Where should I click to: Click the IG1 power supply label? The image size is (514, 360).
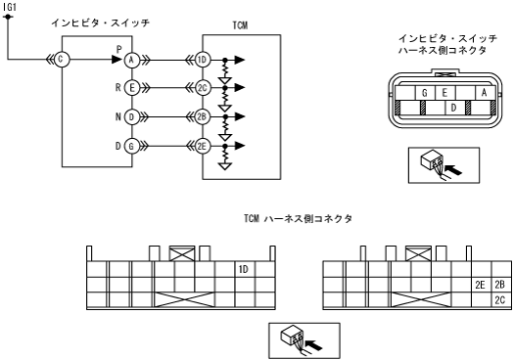point(10,7)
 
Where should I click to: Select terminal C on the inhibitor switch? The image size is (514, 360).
point(62,60)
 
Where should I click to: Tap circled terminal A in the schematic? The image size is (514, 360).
point(132,60)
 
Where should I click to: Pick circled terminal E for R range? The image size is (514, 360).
point(132,88)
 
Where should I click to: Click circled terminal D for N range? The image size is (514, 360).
point(132,117)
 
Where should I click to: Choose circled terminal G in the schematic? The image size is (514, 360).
point(132,146)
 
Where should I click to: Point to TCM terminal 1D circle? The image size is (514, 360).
point(203,60)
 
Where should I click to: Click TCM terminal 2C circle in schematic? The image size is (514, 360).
point(203,88)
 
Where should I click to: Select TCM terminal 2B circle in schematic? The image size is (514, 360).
point(203,117)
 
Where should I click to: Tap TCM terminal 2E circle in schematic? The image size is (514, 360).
point(203,146)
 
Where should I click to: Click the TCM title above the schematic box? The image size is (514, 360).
point(240,25)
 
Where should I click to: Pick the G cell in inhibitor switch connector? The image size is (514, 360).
point(425,93)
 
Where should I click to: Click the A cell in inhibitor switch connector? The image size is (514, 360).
point(485,93)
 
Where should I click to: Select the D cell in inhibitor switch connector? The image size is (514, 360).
point(453,108)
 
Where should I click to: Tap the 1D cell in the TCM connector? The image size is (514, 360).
point(244,269)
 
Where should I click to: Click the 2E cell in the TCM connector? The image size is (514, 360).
point(481,285)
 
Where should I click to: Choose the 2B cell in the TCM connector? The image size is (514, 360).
point(500,285)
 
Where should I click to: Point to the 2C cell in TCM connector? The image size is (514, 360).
point(500,300)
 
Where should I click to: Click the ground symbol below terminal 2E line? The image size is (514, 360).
point(225,166)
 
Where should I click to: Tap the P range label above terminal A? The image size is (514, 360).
point(119,50)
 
